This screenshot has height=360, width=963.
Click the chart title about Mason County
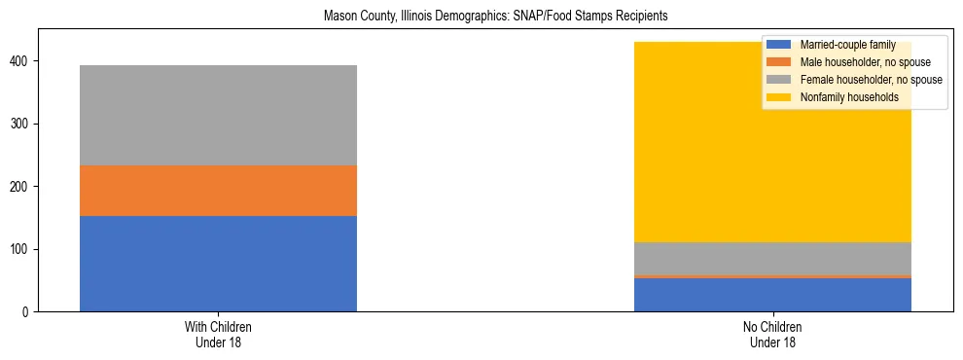coord(481,17)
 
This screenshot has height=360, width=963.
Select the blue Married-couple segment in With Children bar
coord(218,264)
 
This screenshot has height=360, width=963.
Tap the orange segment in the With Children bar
coord(218,191)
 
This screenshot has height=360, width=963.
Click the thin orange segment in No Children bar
coord(772,276)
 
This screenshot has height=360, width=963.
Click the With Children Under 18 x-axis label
coord(218,335)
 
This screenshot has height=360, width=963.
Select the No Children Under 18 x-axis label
coord(772,335)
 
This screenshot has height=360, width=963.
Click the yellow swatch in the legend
coord(779,97)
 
